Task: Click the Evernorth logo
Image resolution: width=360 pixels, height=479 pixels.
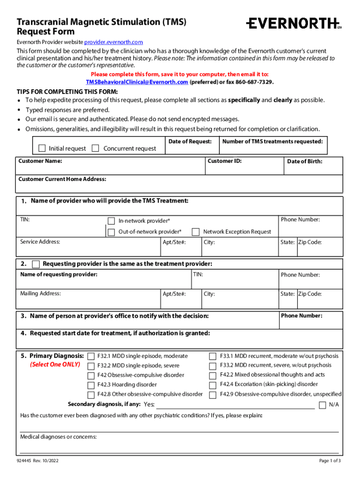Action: click(x=293, y=23)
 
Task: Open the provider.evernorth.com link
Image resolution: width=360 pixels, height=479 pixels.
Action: click(x=114, y=42)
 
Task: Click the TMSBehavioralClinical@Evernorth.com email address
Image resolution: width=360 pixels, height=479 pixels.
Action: click(x=137, y=82)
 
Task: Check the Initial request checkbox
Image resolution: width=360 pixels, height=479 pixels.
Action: click(x=42, y=148)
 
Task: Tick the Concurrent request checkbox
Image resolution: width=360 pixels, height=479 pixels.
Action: click(x=95, y=148)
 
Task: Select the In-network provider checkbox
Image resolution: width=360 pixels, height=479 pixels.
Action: click(x=111, y=221)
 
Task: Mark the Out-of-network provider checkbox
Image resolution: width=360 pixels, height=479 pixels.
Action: click(x=111, y=232)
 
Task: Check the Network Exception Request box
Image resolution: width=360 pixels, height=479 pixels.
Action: click(x=196, y=232)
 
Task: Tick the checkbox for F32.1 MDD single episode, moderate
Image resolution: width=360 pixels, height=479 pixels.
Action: click(x=91, y=356)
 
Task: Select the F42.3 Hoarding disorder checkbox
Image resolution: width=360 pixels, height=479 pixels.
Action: click(x=91, y=385)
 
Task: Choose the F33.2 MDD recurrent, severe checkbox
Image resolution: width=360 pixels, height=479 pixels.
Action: click(x=213, y=365)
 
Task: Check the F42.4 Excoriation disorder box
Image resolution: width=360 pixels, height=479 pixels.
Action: click(x=213, y=385)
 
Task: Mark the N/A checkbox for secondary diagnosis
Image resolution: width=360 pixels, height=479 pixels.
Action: click(x=322, y=405)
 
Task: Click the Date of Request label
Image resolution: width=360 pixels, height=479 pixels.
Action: click(x=190, y=141)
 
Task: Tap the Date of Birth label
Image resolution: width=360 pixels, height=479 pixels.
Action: click(x=304, y=161)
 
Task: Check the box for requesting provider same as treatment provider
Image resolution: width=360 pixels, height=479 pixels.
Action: click(x=36, y=264)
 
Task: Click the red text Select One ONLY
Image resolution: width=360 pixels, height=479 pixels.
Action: click(x=55, y=364)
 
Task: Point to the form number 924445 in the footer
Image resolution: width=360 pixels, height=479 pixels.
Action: click(x=24, y=461)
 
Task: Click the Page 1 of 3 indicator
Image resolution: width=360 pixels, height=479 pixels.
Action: click(x=330, y=461)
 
